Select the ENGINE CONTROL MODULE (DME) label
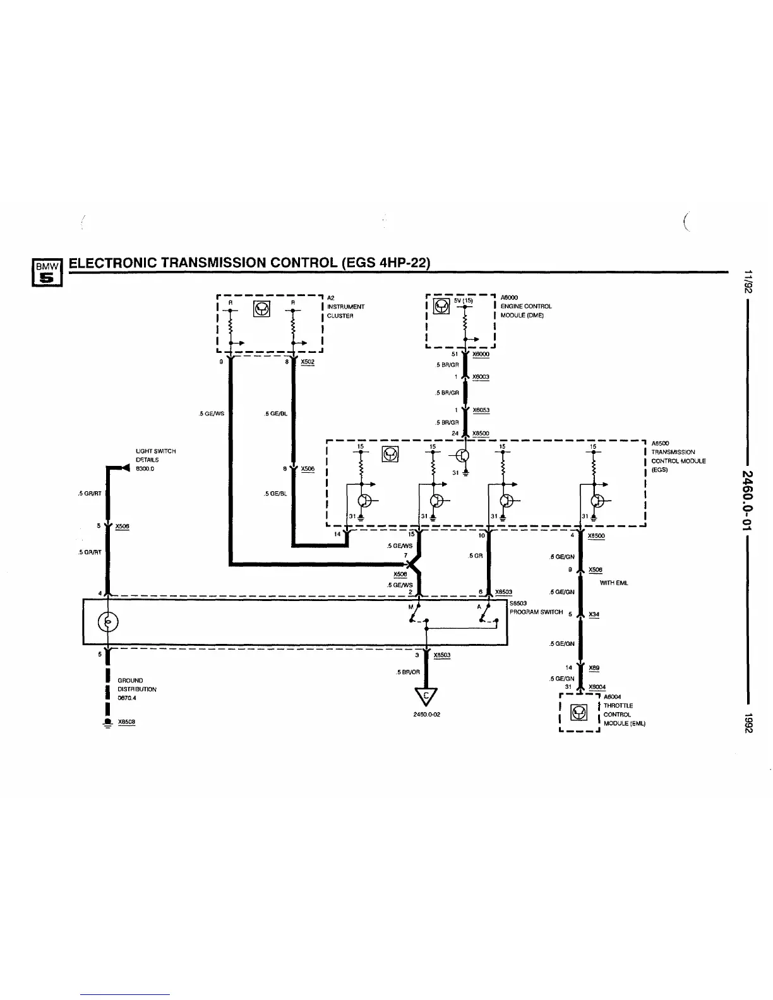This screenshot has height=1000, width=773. coord(526,306)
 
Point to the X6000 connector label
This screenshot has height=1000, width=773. coord(481,354)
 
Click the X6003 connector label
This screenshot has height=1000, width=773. coord(481,377)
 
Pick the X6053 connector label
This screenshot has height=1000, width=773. coord(481,410)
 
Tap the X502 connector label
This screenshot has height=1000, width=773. coord(308,362)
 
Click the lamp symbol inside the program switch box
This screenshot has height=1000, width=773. coord(107,622)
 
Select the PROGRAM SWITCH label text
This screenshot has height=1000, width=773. coord(536,612)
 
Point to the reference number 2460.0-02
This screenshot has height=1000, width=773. coord(426,715)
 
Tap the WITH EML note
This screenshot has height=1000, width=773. coord(613,583)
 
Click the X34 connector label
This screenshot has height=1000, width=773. coord(594,614)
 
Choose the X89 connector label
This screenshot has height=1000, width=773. coord(594,667)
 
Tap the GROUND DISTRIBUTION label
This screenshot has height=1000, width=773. coord(137,689)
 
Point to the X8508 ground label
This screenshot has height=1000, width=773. coord(126,722)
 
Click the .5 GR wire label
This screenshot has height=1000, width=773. coord(476,556)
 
